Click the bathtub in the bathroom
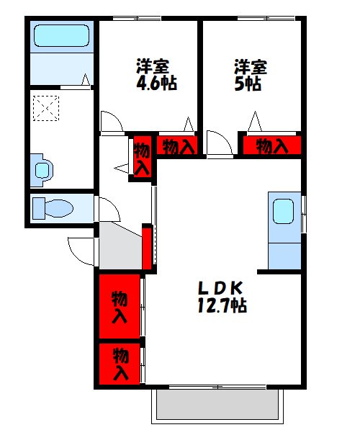tap(60, 36)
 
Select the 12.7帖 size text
tap(222, 306)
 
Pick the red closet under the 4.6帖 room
tap(178, 146)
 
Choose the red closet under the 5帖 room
tap(271, 146)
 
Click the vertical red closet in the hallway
tap(142, 158)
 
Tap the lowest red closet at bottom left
tap(120, 364)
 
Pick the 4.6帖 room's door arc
tap(111, 122)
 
